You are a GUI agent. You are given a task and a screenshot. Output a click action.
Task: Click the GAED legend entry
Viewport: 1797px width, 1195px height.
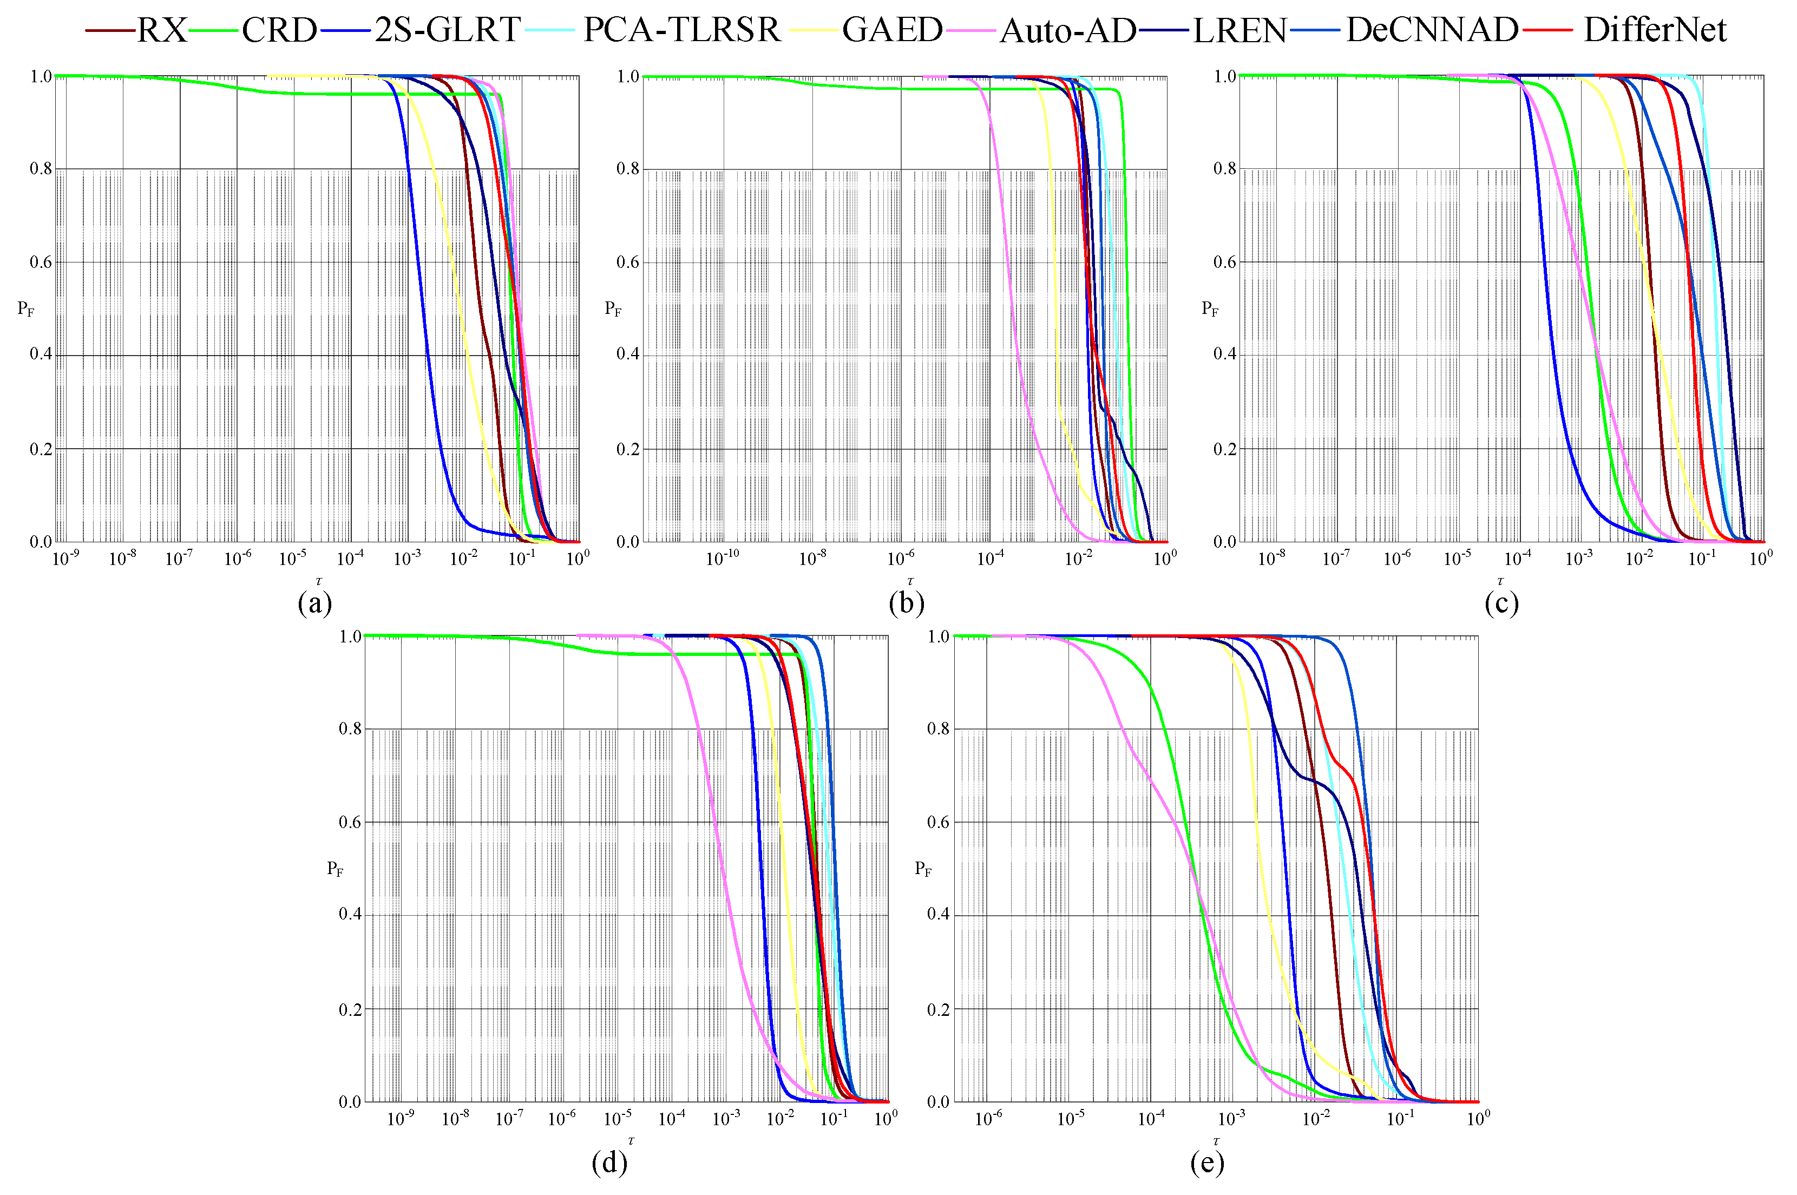[x=891, y=30]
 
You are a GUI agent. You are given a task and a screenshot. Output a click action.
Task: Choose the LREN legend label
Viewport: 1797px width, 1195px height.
[x=1239, y=30]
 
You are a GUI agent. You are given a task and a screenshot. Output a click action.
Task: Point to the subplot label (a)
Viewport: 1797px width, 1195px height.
[x=314, y=603]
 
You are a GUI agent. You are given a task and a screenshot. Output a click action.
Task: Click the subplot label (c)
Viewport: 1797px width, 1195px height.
[x=1500, y=603]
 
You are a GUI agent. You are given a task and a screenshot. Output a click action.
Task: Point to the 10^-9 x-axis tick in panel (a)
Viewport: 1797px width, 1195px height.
[x=65, y=559]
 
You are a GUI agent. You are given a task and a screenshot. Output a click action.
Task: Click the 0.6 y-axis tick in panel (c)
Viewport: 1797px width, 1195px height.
[x=1224, y=261]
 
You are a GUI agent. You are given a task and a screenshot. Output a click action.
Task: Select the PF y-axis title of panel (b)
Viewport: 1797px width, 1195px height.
[x=613, y=308]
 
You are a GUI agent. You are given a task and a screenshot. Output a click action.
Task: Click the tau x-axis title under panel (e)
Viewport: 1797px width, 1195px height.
[x=1216, y=1141]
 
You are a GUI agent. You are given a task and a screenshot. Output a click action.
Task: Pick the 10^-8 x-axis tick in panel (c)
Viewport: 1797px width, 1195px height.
[x=1270, y=559]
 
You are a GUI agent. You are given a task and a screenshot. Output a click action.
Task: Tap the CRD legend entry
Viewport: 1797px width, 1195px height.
[x=278, y=30]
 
